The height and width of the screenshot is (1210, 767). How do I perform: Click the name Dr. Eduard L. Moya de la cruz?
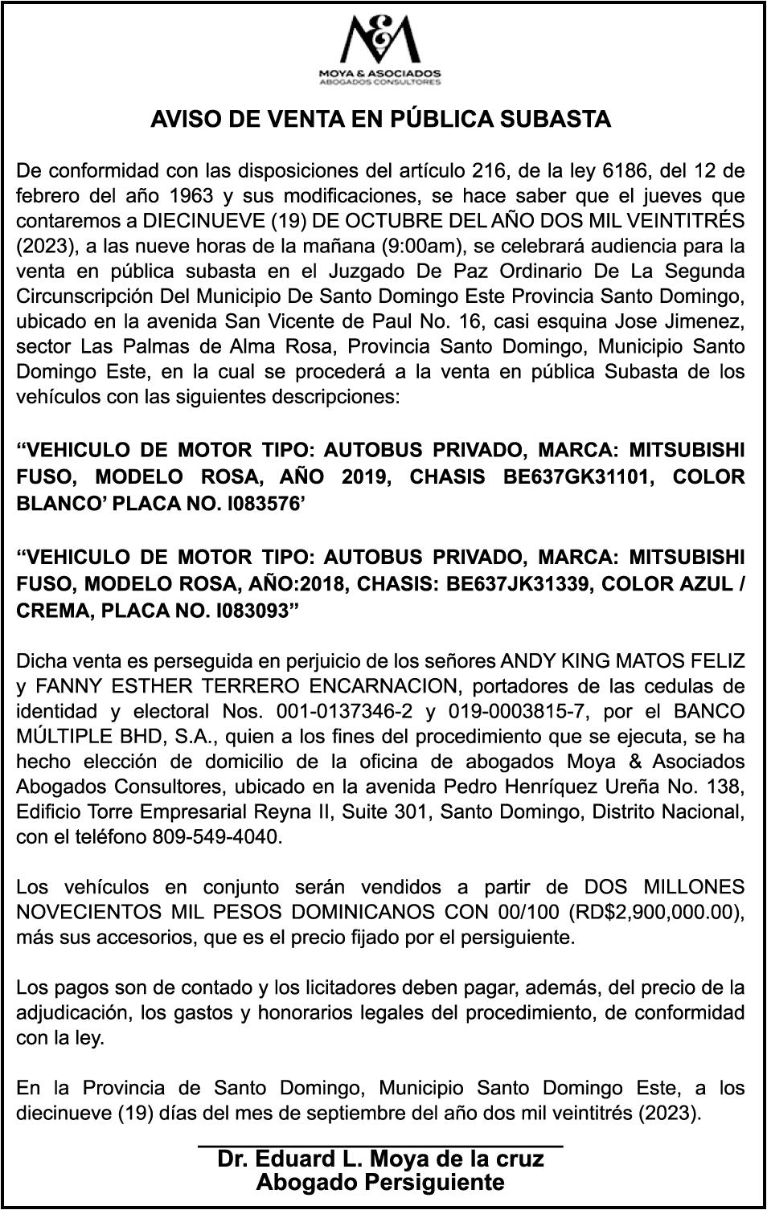pos(380,1159)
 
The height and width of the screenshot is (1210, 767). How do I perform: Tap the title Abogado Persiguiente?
pos(380,1183)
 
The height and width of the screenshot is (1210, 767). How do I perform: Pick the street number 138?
pos(726,787)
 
